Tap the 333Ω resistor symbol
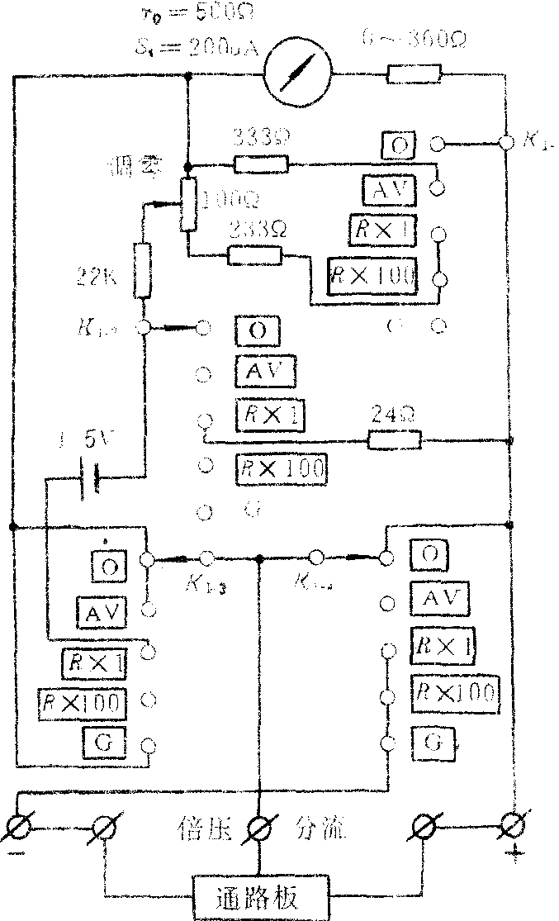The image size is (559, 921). pyautogui.click(x=261, y=164)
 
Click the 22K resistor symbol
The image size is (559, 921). pyautogui.click(x=142, y=271)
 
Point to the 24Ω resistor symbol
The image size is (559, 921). pyautogui.click(x=395, y=440)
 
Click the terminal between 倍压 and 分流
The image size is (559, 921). pyautogui.click(x=261, y=826)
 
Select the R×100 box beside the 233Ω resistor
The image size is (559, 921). pyautogui.click(x=372, y=276)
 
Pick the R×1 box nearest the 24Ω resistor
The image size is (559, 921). pyautogui.click(x=268, y=413)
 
